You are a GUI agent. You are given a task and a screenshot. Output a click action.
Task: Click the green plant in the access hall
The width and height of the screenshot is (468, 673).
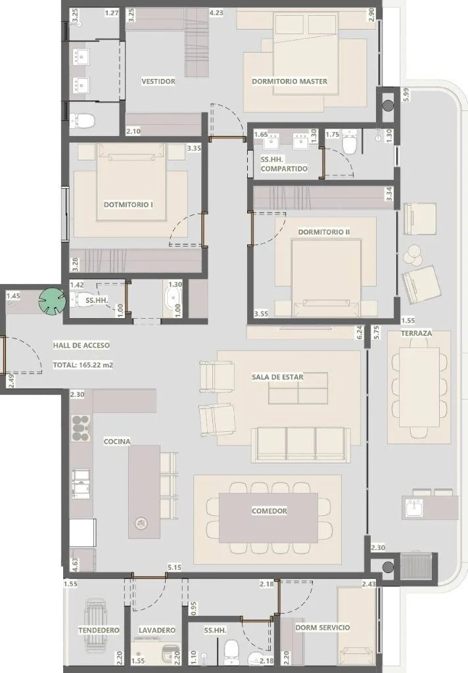pyautogui.click(x=53, y=301)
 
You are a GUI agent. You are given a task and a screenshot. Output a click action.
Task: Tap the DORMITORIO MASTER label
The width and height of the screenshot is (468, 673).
pyautogui.click(x=289, y=81)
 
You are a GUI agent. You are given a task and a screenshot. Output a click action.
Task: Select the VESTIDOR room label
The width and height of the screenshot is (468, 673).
pyautogui.click(x=158, y=81)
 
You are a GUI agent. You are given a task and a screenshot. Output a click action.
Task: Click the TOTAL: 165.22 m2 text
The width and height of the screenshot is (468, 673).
pyautogui.click(x=83, y=365)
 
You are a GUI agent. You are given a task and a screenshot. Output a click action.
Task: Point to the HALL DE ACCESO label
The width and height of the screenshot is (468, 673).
pyautogui.click(x=81, y=345)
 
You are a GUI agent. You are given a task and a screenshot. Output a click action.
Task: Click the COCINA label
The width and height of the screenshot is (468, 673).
pyautogui.click(x=117, y=441)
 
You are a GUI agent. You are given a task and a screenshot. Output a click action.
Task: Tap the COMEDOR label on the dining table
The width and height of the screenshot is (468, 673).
pyautogui.click(x=269, y=511)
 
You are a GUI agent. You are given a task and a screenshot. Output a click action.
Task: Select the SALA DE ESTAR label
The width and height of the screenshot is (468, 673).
pyautogui.click(x=277, y=377)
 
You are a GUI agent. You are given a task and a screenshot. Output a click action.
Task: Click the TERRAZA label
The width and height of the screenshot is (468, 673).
pyautogui.click(x=417, y=333)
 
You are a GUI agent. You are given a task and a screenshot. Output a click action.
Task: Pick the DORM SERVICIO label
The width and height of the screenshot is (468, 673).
pyautogui.click(x=323, y=628)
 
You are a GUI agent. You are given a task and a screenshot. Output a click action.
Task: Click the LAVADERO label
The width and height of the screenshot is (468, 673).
pyautogui.click(x=157, y=630)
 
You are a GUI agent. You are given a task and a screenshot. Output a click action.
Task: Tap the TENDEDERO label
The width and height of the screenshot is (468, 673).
pyautogui.click(x=99, y=630)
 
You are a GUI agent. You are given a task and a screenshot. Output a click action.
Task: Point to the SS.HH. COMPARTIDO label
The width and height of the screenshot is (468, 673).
pyautogui.click(x=284, y=164)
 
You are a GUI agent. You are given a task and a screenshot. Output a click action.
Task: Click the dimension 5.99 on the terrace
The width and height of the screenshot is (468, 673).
pyautogui.click(x=407, y=95)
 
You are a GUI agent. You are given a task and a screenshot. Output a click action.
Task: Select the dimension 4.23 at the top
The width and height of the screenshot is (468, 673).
pyautogui.click(x=216, y=13)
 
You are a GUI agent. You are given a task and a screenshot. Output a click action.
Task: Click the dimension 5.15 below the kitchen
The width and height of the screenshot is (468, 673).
pyautogui.click(x=174, y=567)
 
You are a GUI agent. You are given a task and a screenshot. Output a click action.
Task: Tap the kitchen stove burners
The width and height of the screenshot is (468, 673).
pyautogui.click(x=81, y=428)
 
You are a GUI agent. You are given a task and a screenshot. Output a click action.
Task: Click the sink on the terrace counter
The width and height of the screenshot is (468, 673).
pyautogui.click(x=415, y=509)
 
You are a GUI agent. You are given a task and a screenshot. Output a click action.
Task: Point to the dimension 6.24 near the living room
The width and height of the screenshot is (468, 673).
pyautogui.click(x=360, y=332)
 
